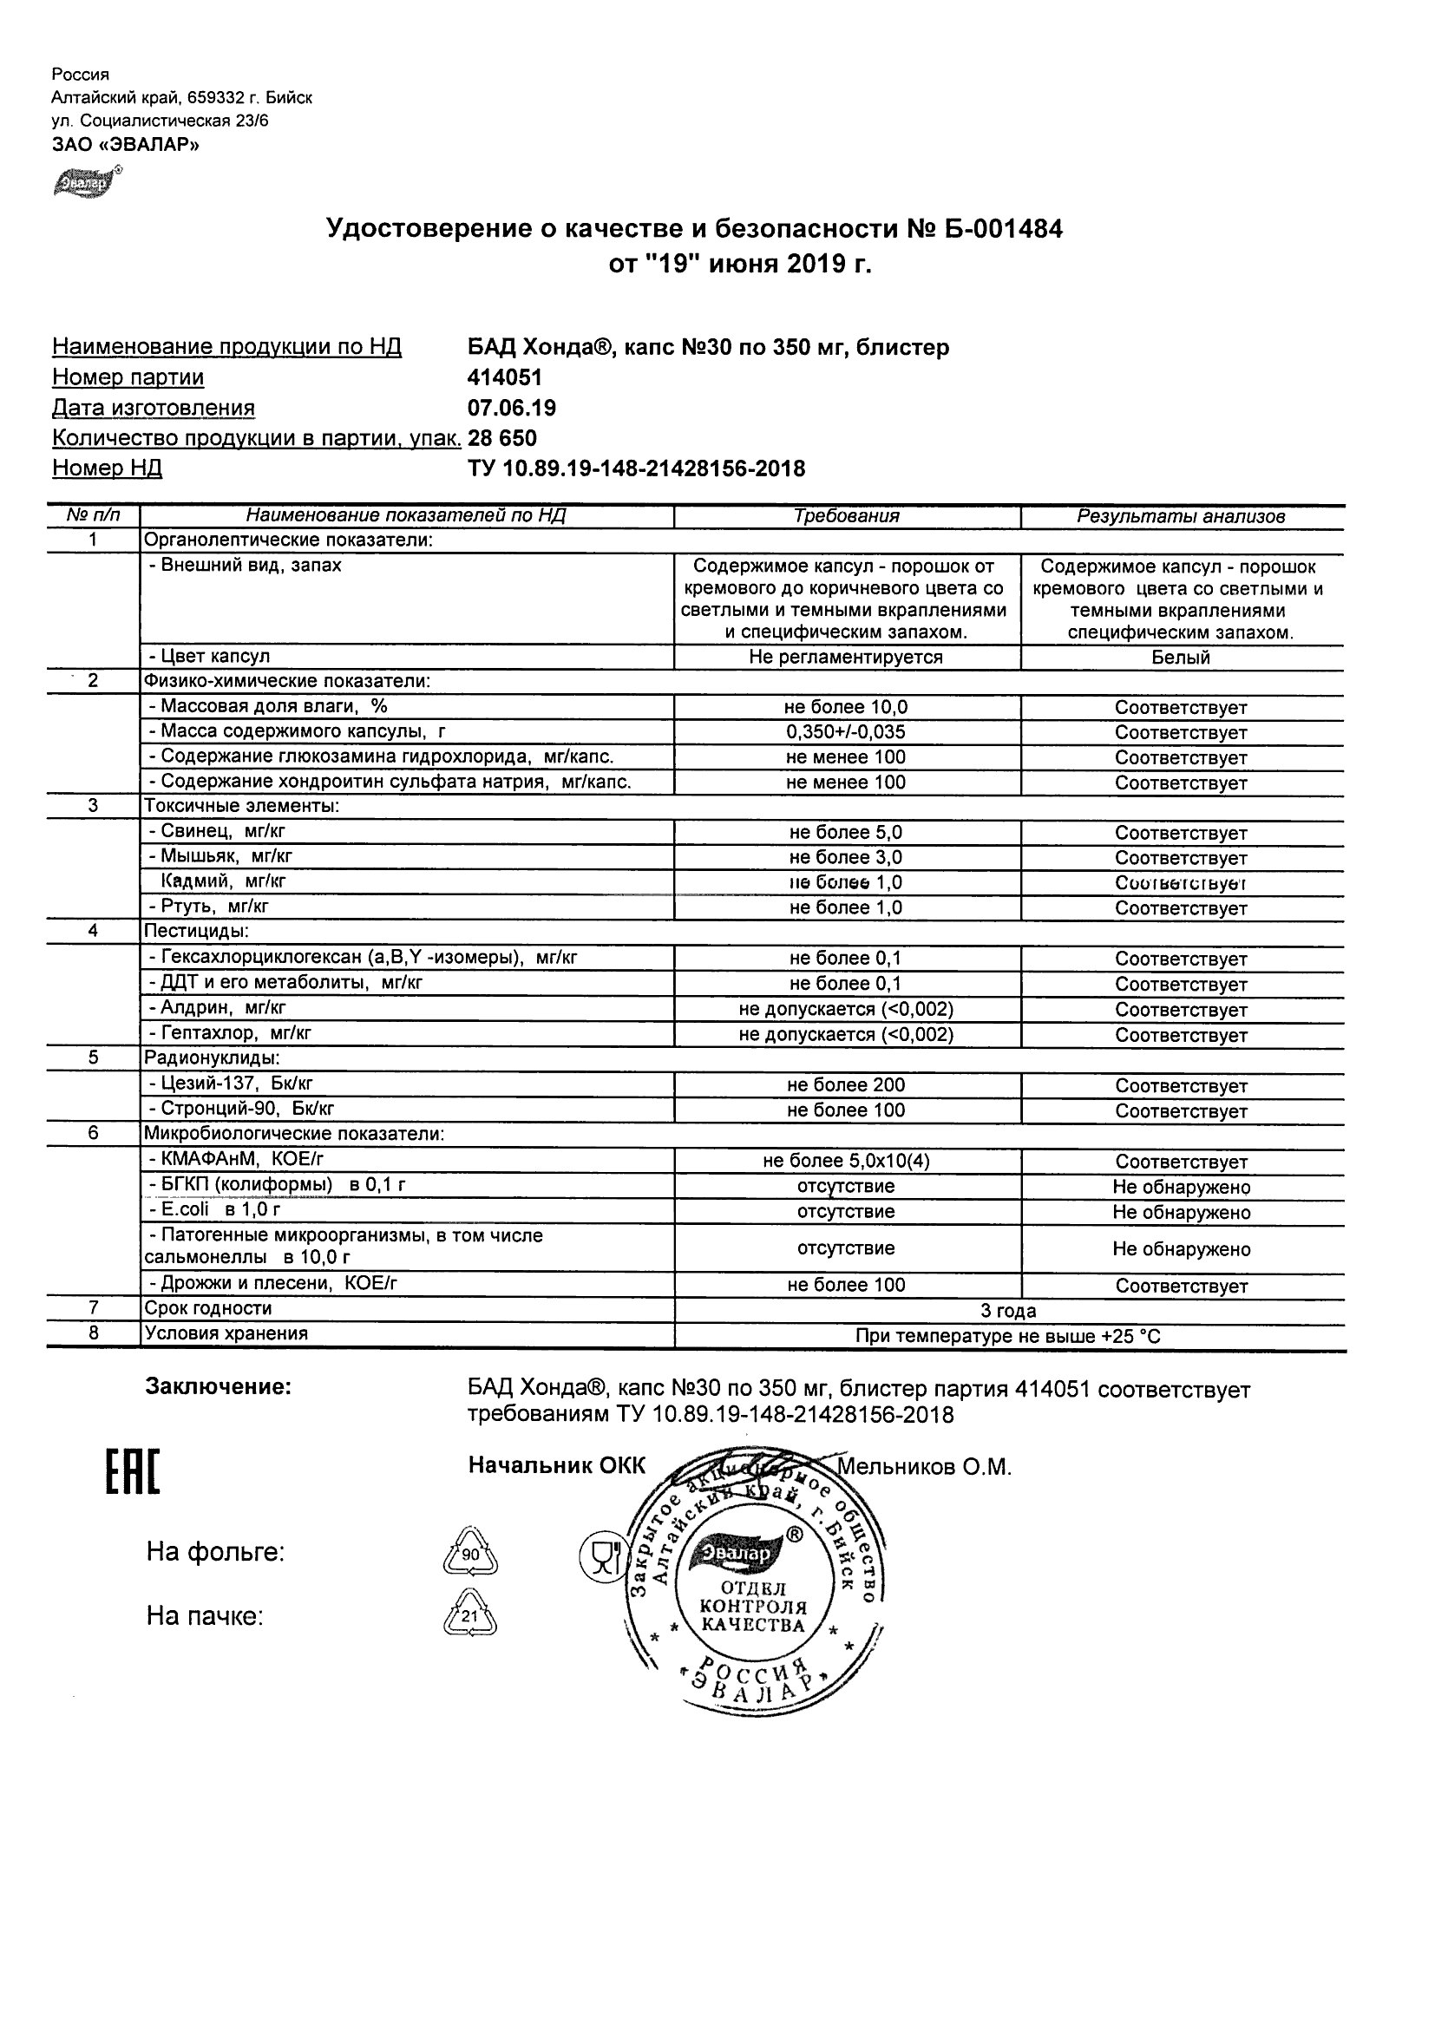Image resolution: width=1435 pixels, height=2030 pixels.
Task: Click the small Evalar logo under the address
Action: pos(87,182)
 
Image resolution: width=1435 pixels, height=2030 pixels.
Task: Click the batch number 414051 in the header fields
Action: pos(504,377)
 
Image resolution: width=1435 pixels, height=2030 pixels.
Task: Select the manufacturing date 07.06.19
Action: pos(511,408)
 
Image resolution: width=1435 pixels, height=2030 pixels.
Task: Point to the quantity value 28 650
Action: pos(501,439)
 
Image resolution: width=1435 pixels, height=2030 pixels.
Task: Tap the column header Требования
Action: pos(846,516)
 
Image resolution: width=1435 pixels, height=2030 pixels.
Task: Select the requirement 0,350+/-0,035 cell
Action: pos(846,732)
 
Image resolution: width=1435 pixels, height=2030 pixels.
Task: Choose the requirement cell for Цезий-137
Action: pos(846,1085)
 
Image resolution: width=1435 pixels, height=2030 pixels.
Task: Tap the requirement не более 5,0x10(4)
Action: pos(846,1161)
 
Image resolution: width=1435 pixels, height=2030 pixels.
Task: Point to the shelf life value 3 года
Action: pos(1008,1310)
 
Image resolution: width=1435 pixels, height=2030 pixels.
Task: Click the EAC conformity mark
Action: pos(133,1473)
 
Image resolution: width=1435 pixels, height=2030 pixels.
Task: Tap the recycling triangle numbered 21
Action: pos(469,1616)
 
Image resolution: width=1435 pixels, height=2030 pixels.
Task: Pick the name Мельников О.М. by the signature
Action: pos(924,1468)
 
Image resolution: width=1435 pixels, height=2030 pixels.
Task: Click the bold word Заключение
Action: pos(218,1386)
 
